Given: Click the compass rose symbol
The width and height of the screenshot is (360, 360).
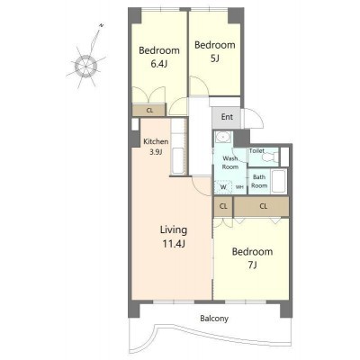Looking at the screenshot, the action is tap(85, 65).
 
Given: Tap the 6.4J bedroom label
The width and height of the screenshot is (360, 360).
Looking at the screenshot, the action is tap(159, 57).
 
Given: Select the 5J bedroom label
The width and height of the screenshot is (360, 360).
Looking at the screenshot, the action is tap(215, 51).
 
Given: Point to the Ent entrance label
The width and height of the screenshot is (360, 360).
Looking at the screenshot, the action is tap(227, 117).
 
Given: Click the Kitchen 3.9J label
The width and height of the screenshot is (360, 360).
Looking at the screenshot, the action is tap(156, 147).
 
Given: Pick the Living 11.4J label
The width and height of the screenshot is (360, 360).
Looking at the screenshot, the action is tap(174, 237).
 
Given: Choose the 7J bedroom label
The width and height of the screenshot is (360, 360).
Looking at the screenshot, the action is tap(252, 258).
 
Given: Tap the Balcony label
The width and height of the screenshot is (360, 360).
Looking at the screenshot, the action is tap(214, 319).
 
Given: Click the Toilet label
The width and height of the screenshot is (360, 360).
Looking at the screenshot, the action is tap(256, 150).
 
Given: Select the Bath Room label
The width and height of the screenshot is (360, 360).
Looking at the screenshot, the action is tap(259, 181).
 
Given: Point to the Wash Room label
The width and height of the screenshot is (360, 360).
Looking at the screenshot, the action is tap(230, 163).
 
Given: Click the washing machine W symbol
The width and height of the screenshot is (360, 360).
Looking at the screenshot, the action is tap(223, 187).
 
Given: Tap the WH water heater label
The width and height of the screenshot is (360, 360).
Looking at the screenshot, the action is tap(239, 187).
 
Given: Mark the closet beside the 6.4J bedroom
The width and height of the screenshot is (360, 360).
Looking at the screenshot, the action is tap(149, 110).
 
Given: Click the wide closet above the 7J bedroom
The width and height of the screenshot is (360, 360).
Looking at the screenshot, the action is tap(261, 206).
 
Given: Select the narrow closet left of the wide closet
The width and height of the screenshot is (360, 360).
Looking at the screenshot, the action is tap(223, 206).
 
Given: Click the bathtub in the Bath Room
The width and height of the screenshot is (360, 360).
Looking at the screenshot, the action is tap(279, 181).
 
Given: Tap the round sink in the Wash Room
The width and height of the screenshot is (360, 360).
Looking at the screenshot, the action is tap(223, 137).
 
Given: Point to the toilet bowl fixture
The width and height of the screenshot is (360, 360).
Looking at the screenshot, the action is tap(272, 157).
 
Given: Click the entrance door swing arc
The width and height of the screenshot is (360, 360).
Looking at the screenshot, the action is tap(258, 115).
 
